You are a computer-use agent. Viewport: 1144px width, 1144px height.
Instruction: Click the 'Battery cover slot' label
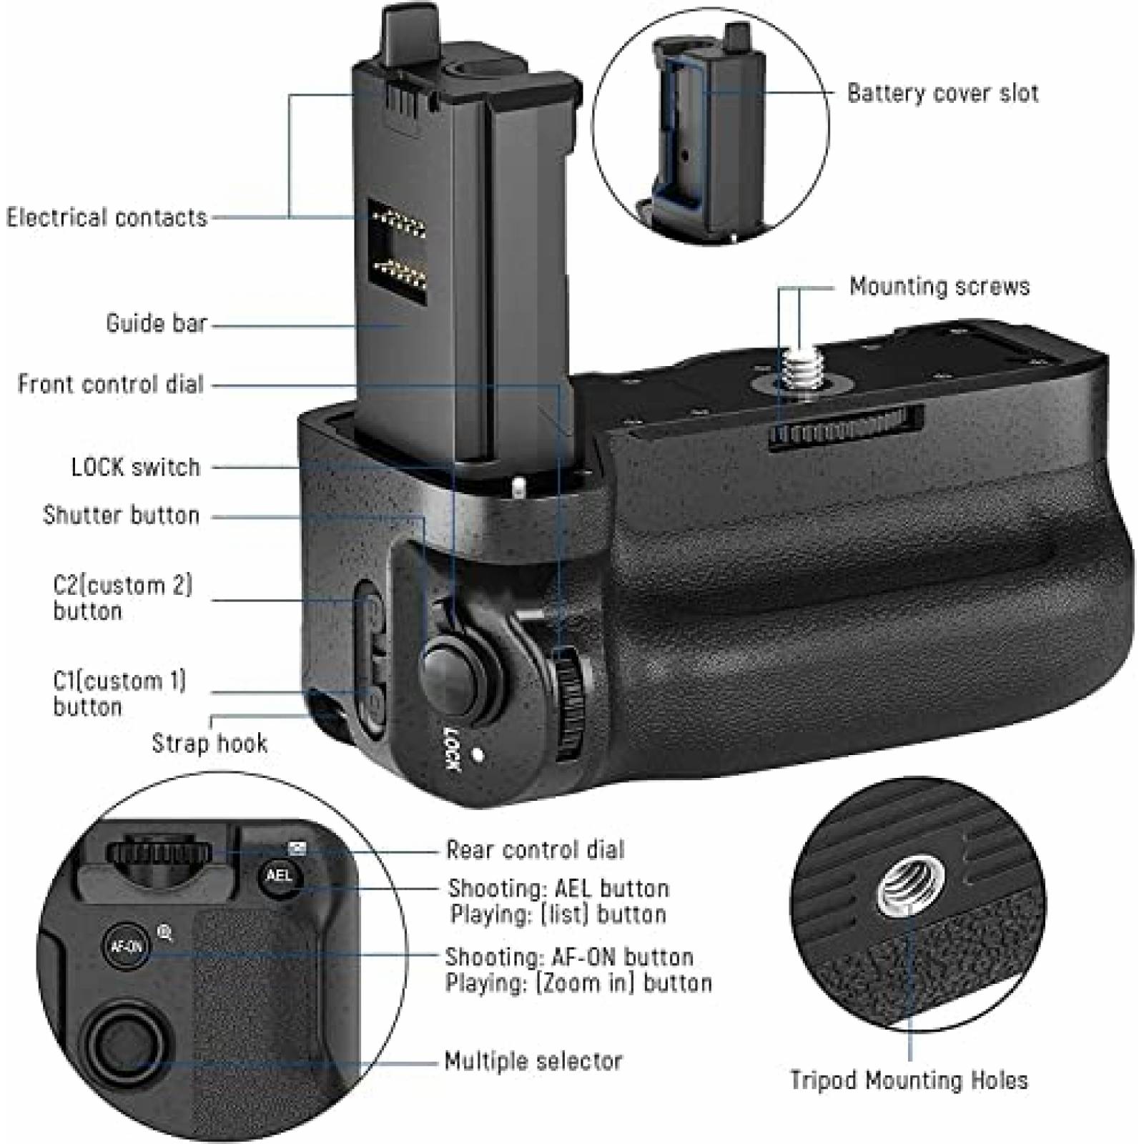942,94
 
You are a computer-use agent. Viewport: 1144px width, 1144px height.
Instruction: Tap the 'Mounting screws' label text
939,287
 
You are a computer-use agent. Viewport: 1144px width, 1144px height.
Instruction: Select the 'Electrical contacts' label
107,217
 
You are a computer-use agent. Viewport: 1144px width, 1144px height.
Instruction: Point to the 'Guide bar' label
156,323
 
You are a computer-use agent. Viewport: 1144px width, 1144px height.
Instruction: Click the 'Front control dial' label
111,385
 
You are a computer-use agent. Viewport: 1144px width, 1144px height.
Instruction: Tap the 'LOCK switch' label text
136,468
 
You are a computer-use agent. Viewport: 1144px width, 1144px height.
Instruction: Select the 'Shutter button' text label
121,516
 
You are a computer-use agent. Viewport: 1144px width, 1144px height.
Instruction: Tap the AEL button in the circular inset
279,875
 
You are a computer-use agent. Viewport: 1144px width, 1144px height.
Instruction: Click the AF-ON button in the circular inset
127,947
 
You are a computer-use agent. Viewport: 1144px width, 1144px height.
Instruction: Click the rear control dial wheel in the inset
159,852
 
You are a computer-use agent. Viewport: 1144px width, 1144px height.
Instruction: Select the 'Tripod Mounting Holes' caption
908,1080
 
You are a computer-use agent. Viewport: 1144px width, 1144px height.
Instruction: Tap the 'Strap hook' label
209,744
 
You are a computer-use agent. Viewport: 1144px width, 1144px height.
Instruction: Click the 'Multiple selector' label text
533,1061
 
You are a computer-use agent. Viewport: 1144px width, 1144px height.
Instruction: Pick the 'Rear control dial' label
535,850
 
